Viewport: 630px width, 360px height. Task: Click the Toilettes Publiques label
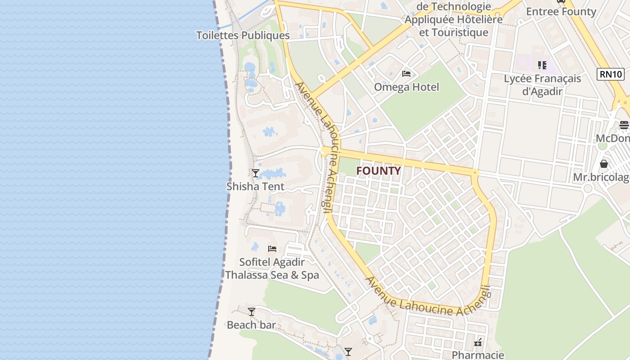point(243,36)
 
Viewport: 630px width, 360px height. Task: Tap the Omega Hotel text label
point(406,87)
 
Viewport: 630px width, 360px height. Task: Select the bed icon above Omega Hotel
point(406,74)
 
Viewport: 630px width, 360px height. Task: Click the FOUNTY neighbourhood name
point(378,171)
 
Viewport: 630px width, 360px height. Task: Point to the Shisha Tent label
point(255,186)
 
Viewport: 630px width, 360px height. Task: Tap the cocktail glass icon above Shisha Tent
point(256,173)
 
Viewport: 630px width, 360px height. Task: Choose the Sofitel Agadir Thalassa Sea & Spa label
point(272,269)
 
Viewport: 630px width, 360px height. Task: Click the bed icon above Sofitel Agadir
point(272,248)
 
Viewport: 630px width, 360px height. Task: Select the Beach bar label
point(251,325)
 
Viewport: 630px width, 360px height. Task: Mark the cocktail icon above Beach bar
point(252,311)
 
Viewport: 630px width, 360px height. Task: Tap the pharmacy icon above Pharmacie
point(478,342)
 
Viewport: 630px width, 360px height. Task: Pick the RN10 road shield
point(611,74)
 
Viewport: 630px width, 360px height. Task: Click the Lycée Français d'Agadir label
point(542,85)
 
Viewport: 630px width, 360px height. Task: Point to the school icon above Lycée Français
point(542,65)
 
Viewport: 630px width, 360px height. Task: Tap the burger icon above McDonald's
point(624,125)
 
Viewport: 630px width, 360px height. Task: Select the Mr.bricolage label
point(601,177)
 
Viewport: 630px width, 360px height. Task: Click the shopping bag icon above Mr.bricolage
point(604,164)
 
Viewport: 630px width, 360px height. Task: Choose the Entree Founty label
point(561,12)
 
